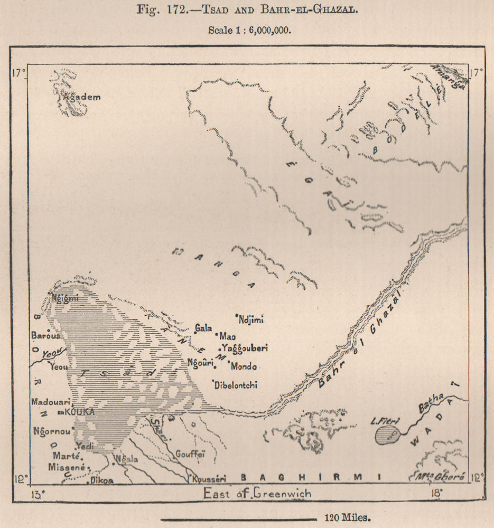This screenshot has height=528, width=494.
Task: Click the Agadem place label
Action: (81, 98)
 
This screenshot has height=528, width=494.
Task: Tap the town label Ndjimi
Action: (251, 319)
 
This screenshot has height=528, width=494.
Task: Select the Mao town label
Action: (228, 336)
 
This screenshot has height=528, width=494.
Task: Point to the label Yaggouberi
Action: (245, 348)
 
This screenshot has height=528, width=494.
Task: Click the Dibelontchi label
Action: (236, 385)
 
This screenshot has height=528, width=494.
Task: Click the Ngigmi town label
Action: (66, 297)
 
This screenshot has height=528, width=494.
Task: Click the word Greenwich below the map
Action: (282, 494)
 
